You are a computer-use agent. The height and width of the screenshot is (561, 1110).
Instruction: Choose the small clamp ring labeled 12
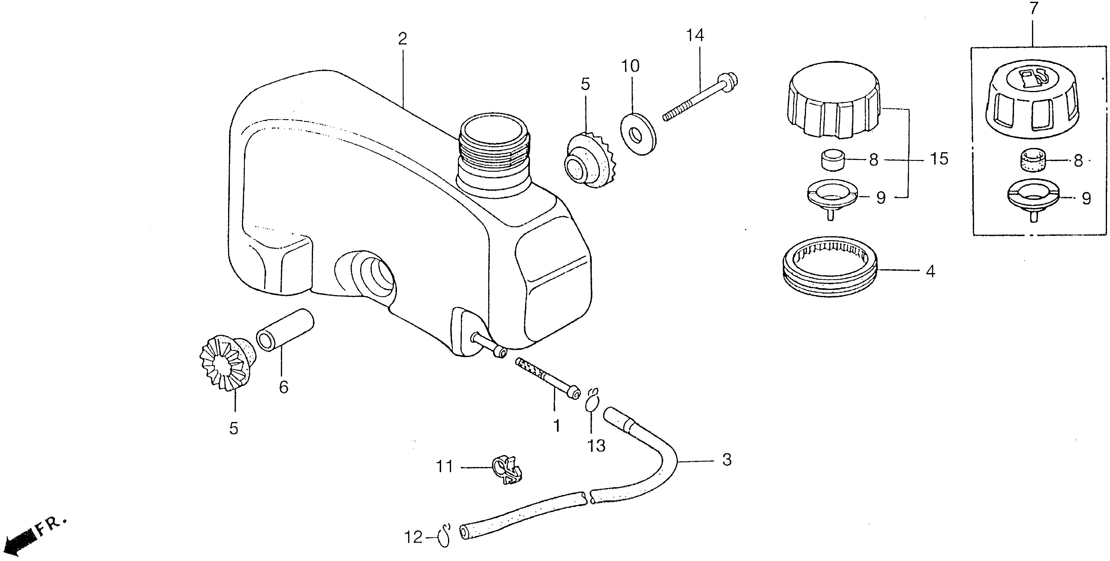pos(444,536)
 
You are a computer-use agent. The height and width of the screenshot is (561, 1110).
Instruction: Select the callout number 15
pos(939,159)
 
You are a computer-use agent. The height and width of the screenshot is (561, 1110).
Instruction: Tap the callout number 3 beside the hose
pos(727,460)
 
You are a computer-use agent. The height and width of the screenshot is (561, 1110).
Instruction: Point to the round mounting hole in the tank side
pos(376,276)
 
